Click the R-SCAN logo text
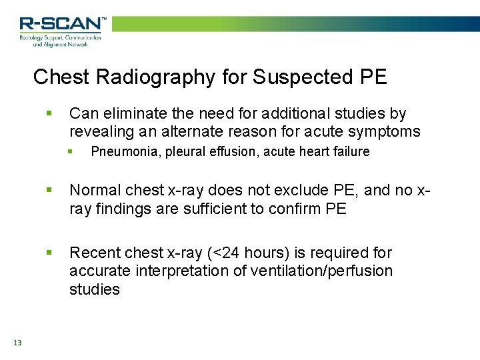[x=62, y=24]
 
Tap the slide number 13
[x=17, y=343]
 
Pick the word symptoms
[x=386, y=132]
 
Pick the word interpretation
[x=183, y=271]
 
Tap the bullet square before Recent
[x=49, y=253]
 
